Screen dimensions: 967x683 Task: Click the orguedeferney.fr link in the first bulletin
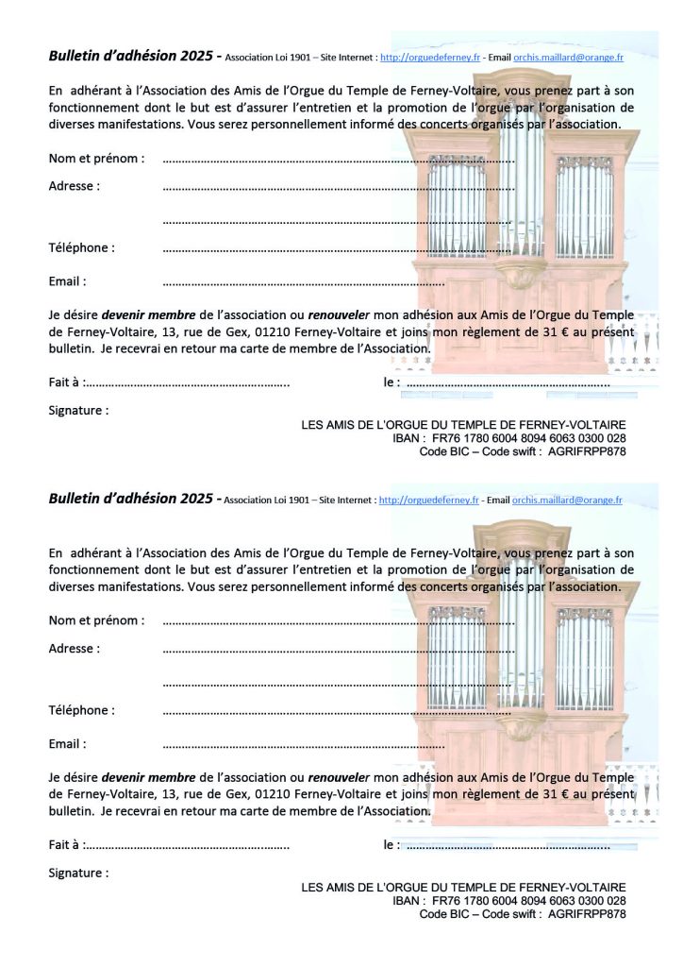(x=430, y=58)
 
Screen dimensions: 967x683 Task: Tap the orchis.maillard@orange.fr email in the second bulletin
(x=567, y=500)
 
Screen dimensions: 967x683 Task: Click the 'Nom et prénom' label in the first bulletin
(x=96, y=158)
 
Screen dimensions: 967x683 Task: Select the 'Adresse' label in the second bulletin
(x=74, y=649)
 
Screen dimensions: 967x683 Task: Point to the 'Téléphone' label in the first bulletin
(x=81, y=248)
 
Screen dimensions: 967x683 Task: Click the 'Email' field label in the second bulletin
(x=67, y=744)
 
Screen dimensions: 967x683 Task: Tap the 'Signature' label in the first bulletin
(x=78, y=411)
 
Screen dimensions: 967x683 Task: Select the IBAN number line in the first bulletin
(x=509, y=439)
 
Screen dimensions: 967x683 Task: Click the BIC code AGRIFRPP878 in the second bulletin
(x=586, y=914)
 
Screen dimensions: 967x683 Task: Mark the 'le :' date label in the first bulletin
(x=391, y=382)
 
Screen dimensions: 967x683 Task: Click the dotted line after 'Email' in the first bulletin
(x=303, y=282)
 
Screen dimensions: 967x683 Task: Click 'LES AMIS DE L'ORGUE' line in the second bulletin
(x=463, y=888)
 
